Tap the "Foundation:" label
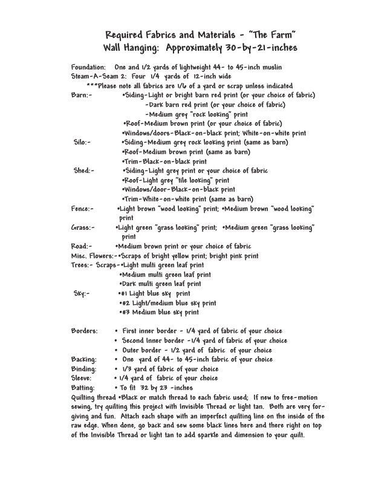click(x=89, y=67)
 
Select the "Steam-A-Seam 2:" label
click(x=97, y=76)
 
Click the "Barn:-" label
click(x=81, y=96)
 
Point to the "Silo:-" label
click(x=82, y=143)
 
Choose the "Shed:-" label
click(x=83, y=171)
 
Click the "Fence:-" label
click(x=82, y=209)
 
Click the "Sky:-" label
click(x=82, y=294)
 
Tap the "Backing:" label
click(x=84, y=360)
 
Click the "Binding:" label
click(x=84, y=370)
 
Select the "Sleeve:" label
click(x=83, y=379)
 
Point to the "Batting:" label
click(x=83, y=388)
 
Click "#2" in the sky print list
click(x=127, y=303)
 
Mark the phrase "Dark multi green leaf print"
click(x=161, y=284)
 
